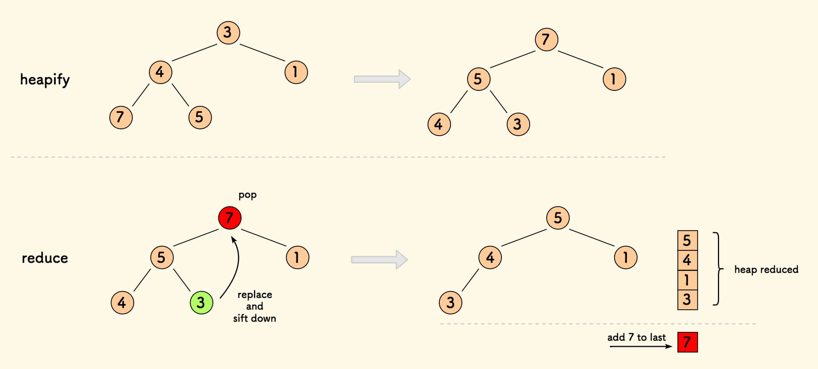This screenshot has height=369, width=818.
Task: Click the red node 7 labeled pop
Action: click(x=230, y=218)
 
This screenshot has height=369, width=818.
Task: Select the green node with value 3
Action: click(x=201, y=302)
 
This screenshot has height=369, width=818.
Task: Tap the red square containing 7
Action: click(x=687, y=342)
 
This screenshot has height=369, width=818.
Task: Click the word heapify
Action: click(x=45, y=80)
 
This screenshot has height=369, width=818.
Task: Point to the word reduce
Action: click(x=45, y=258)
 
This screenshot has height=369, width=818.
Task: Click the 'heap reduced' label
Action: click(x=766, y=269)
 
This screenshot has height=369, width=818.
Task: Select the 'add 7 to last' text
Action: click(x=636, y=337)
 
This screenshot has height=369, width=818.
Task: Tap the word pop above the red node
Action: click(x=247, y=195)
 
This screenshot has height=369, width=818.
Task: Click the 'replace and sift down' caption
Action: click(x=254, y=306)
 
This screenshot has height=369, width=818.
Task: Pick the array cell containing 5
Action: click(x=687, y=241)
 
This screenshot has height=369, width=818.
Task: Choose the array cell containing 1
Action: click(x=687, y=280)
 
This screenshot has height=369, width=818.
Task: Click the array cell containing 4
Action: click(x=687, y=260)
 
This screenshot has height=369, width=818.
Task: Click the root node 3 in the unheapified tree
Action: click(x=228, y=32)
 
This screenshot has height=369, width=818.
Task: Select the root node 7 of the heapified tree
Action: click(x=546, y=40)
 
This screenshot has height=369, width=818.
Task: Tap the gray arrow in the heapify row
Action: click(x=382, y=79)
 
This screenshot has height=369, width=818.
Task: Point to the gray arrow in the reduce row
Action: click(x=379, y=260)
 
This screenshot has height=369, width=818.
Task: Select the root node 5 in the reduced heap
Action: click(x=558, y=218)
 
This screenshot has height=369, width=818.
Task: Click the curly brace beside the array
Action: click(x=718, y=269)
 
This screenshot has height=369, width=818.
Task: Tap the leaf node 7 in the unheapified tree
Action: click(x=121, y=117)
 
